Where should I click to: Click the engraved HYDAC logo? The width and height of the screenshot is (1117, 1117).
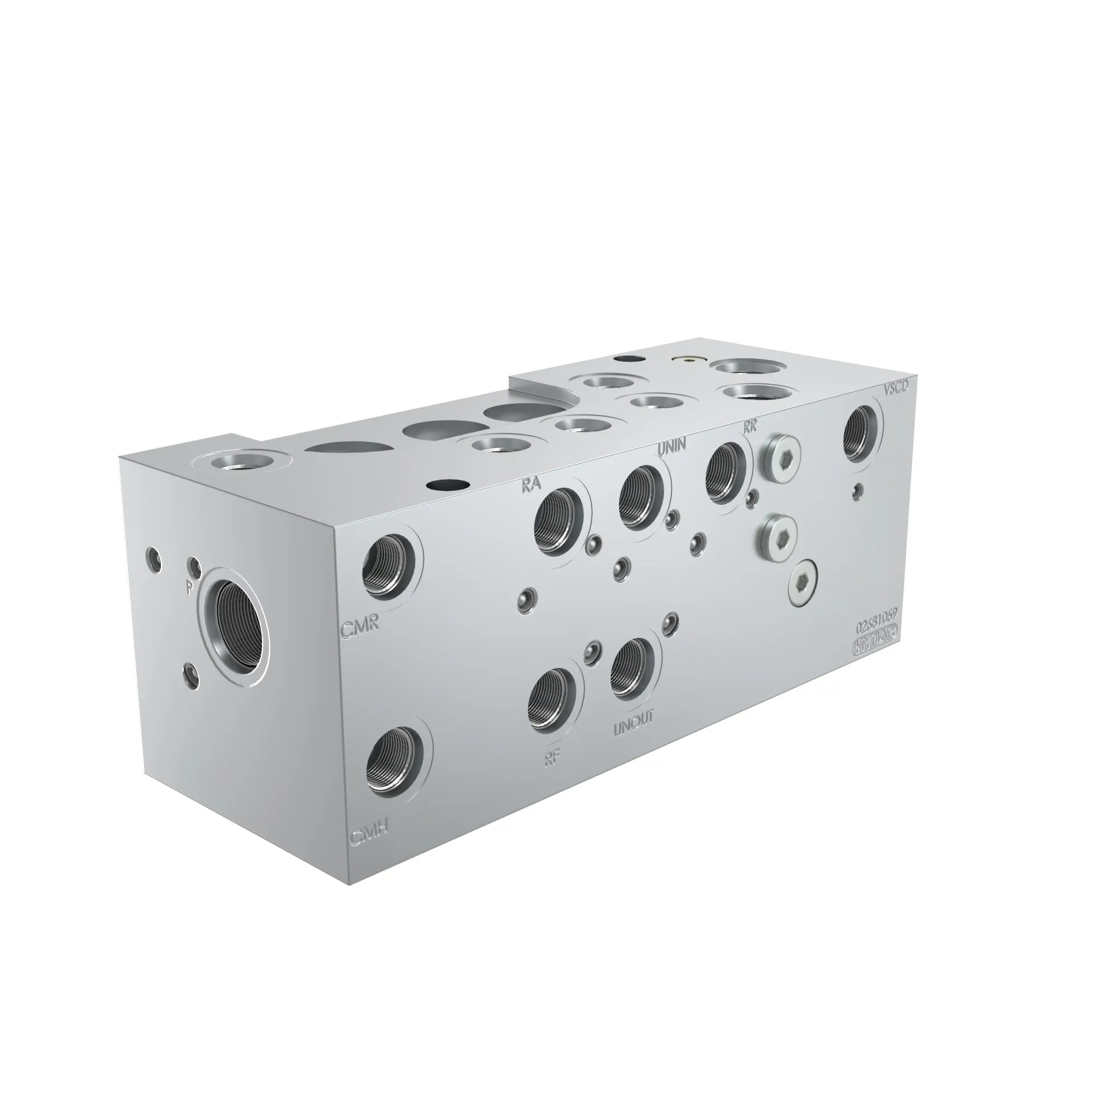click(875, 647)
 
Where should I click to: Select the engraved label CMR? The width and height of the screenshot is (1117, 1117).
click(359, 630)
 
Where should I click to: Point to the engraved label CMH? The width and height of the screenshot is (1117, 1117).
click(367, 836)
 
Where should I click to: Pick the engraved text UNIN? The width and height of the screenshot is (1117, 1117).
click(672, 445)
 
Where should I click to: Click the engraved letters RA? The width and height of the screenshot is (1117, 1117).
click(531, 484)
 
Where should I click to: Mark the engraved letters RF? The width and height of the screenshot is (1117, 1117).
click(553, 758)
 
